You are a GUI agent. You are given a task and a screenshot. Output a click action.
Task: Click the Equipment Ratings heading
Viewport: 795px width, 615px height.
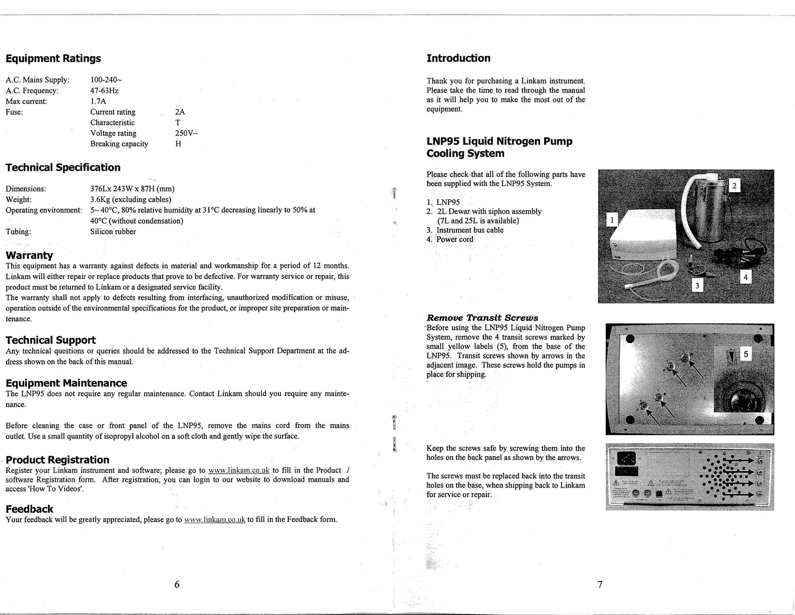pos(53,58)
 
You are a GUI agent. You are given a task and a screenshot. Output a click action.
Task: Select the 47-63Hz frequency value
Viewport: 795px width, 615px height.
pos(104,91)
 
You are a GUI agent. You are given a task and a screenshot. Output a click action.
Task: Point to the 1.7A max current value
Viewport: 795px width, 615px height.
pos(98,101)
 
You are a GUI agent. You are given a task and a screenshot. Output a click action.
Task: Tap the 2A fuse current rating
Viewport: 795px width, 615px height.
pos(180,112)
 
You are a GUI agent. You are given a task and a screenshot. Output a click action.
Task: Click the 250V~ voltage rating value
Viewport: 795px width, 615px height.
pos(186,133)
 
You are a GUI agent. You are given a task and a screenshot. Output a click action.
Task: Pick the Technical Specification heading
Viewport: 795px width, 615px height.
pos(63,167)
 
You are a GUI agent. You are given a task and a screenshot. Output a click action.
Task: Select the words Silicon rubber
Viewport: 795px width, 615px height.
pos(113,232)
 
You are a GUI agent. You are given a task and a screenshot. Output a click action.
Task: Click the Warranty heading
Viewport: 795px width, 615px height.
pos(29,255)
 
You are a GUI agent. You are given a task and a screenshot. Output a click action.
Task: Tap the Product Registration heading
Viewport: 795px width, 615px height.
pos(57,460)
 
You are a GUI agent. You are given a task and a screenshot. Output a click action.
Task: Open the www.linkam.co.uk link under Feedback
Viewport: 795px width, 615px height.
pos(215,520)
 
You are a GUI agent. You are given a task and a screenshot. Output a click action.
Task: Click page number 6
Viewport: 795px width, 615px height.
pos(177,584)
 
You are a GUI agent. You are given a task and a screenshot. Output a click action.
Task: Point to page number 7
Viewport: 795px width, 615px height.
pos(600,584)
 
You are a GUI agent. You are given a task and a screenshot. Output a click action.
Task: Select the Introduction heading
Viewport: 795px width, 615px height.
pos(458,58)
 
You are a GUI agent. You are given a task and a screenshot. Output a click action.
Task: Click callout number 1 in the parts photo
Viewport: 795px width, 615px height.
pos(612,220)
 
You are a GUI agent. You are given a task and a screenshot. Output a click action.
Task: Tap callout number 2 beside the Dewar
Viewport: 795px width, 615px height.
pos(734,186)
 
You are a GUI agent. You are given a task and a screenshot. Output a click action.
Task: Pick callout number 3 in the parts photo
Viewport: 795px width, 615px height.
pos(697,286)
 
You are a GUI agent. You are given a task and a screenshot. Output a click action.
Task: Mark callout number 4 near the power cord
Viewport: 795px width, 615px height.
pos(745,277)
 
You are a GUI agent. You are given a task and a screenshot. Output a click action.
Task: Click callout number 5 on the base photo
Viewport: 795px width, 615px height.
pos(746,354)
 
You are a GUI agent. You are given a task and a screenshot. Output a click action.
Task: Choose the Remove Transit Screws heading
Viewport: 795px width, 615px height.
pos(482,318)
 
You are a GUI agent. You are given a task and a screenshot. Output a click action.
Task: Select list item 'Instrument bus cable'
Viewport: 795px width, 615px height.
pos(470,230)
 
